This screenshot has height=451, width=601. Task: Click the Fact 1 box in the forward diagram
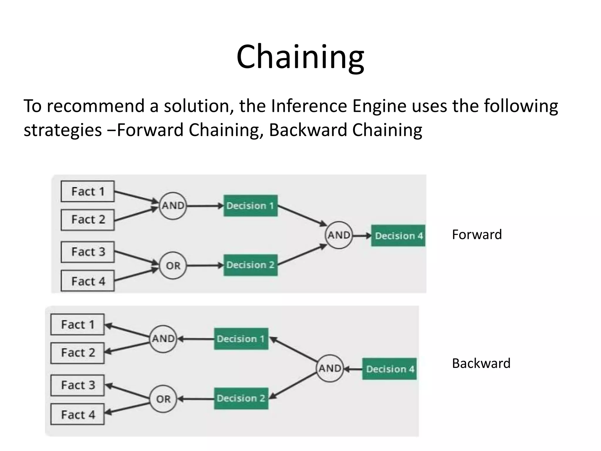87,191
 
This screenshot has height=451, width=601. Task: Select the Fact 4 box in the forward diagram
87,281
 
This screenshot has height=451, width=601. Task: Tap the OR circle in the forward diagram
173,265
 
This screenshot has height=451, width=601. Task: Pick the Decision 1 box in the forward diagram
250,206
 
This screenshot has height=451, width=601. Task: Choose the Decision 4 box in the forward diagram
398,235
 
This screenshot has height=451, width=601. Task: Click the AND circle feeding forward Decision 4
339,235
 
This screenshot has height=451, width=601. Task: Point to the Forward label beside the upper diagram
477,234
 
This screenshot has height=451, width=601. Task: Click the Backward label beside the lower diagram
481,363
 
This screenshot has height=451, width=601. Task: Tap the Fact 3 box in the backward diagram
77,385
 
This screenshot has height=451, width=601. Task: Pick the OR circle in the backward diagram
163,399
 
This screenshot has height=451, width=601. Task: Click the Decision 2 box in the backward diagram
241,398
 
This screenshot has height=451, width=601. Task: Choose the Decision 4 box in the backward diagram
389,369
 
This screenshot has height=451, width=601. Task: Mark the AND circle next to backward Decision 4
330,368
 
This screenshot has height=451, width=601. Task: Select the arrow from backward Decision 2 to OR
196,399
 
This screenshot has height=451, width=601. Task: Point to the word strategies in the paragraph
63,130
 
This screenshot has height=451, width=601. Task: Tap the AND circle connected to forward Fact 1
173,206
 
